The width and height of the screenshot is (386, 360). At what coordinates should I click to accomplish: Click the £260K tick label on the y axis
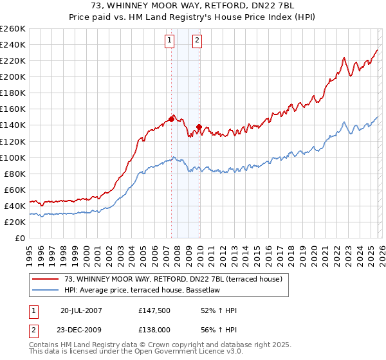pos(13,28)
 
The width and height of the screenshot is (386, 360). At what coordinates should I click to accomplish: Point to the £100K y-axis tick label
pos(13,157)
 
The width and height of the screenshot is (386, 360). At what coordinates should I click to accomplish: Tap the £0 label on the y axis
pos(19,239)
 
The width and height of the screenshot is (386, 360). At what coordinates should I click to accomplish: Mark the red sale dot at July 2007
pos(172,119)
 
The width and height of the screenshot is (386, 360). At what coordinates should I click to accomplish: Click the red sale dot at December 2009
pos(199,127)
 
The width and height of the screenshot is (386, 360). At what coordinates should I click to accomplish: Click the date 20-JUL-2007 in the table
pos(81,310)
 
